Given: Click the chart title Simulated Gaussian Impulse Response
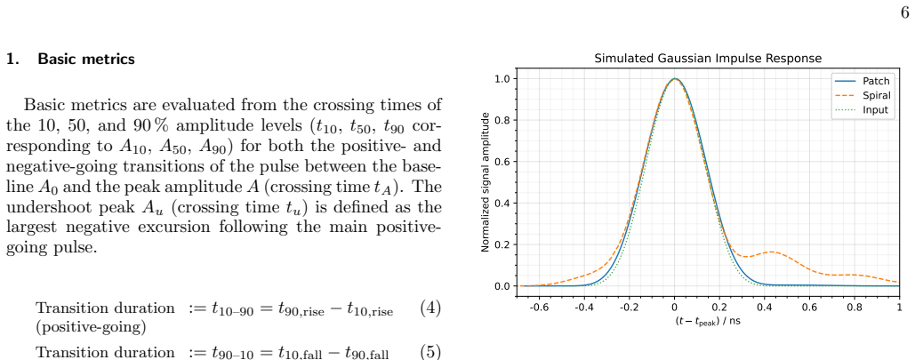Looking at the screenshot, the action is [x=708, y=59].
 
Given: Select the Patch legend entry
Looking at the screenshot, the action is [x=865, y=82].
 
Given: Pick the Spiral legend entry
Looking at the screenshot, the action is [x=864, y=96].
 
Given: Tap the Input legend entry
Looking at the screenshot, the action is [x=864, y=109].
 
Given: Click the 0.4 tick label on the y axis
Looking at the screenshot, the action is [x=502, y=203].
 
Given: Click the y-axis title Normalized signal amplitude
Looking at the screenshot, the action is [x=485, y=182].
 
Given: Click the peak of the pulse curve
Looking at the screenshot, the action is [x=675, y=79].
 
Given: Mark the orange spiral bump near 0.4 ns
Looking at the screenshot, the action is [x=772, y=252].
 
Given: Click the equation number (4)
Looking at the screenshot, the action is [x=430, y=308].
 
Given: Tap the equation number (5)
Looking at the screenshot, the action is [x=430, y=352].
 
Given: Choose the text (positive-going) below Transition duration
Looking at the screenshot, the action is [x=91, y=327].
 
